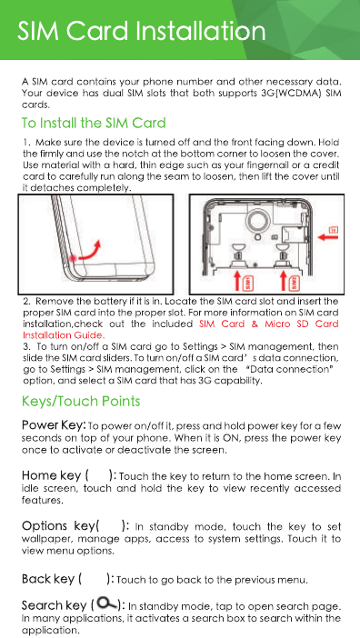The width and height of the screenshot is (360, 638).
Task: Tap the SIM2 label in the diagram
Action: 295,282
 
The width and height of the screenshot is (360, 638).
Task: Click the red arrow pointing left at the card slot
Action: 327,237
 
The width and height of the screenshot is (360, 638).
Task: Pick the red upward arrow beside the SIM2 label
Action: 284,281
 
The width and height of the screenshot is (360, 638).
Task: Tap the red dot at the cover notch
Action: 74,258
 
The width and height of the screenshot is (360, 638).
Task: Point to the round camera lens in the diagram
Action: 256,222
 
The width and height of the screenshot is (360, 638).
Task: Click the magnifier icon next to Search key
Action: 106,603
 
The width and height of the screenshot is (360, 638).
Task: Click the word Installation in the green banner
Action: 200,31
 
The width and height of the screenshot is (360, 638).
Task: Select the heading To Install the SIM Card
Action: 94,123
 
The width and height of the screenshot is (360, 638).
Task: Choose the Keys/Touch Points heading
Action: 81,402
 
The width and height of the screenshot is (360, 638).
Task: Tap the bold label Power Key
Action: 54,425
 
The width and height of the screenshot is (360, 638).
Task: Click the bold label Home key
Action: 52,475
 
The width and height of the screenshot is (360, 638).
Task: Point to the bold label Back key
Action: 48,579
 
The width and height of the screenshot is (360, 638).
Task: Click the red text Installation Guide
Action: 64,335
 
